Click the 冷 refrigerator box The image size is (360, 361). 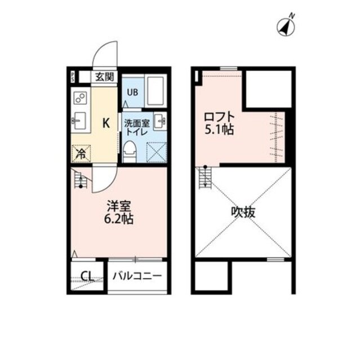pyautogui.click(x=81, y=152)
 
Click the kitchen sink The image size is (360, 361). pyautogui.click(x=79, y=120)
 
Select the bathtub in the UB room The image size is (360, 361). pyautogui.click(x=154, y=91)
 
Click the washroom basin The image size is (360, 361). pyautogui.click(x=161, y=120)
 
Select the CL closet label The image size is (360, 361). pyautogui.click(x=87, y=276)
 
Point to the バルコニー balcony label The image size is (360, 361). pyautogui.click(x=137, y=276)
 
